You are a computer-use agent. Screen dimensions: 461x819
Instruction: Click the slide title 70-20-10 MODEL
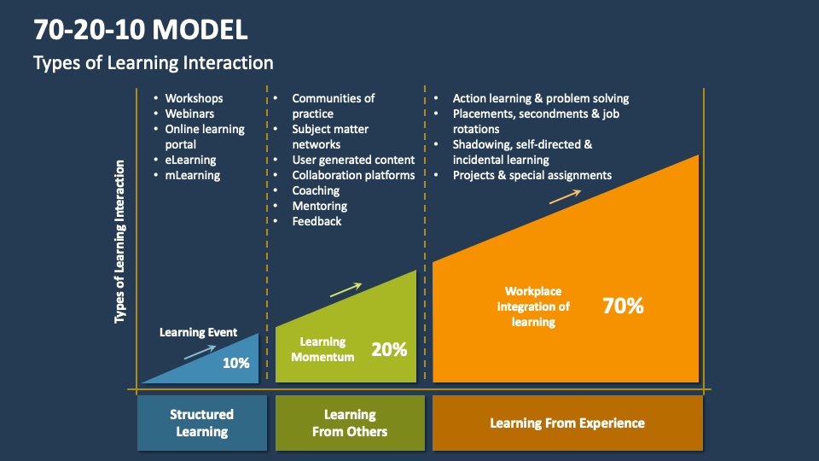[x=141, y=30]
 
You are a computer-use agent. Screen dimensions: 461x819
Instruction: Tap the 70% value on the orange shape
[x=623, y=306]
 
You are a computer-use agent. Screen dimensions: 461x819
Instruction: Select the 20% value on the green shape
[x=389, y=349]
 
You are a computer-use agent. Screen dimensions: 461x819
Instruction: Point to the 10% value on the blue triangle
[x=235, y=363]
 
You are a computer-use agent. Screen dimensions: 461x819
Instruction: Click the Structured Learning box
[x=201, y=423]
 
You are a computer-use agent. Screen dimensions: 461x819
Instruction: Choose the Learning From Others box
[x=349, y=423]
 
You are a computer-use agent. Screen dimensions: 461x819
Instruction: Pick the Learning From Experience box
[x=567, y=423]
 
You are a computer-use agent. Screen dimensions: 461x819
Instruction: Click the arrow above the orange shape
[x=565, y=196]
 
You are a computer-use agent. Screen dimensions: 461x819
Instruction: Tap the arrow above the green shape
[x=345, y=289]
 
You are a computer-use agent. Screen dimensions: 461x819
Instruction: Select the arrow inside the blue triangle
[x=199, y=351]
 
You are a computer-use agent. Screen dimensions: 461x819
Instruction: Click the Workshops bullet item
[x=194, y=98]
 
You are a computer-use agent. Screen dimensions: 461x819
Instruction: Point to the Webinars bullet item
[x=189, y=114]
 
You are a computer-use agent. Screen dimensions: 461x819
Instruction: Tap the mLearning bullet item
[x=192, y=175]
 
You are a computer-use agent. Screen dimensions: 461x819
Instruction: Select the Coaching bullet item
[x=316, y=190]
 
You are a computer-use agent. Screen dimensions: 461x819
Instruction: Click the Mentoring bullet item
[x=319, y=206]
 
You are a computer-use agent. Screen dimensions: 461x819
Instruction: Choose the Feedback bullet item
[x=317, y=221]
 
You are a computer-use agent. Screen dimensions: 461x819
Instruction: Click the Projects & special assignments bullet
[x=531, y=175]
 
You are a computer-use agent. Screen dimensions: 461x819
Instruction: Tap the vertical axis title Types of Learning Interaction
[x=120, y=242]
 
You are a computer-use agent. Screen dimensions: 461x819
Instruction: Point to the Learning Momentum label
[x=322, y=349]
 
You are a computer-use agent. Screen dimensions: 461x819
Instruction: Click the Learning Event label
[x=198, y=332]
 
